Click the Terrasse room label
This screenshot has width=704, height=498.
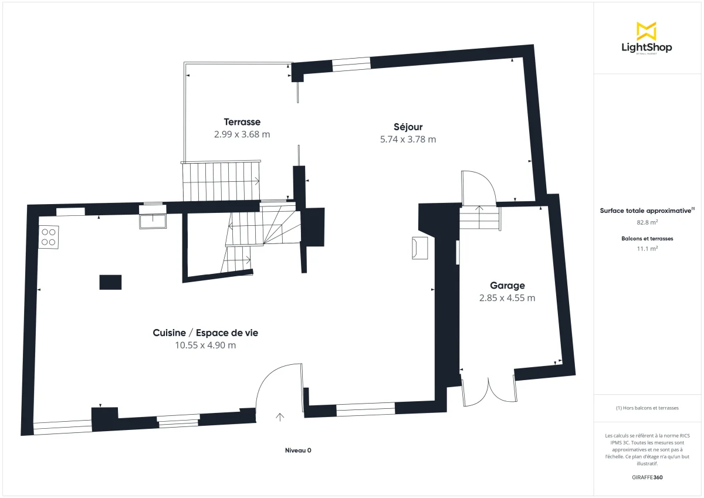click(242, 122)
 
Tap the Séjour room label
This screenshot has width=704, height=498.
click(408, 127)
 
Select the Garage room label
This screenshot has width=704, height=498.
click(507, 286)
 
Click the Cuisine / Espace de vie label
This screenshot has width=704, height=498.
click(205, 333)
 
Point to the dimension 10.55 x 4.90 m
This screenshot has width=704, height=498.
click(205, 345)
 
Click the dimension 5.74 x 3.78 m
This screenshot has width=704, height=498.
click(408, 140)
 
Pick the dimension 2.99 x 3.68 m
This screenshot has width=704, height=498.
click(242, 134)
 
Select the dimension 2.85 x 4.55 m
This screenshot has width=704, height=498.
click(507, 298)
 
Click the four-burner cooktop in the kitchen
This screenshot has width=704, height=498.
click(49, 236)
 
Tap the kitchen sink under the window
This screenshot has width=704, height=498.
click(153, 220)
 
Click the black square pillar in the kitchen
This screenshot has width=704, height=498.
click(110, 282)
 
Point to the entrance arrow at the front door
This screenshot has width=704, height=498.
click(280, 417)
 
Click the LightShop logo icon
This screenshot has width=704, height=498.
click(647, 31)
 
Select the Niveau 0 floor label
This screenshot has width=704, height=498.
click(298, 450)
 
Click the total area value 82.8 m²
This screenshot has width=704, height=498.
click(647, 222)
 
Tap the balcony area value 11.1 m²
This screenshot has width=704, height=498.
click(647, 248)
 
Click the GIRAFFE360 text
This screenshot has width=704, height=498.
click(647, 477)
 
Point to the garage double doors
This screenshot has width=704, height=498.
click(489, 389)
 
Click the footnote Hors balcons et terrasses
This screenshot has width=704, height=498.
click(647, 408)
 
